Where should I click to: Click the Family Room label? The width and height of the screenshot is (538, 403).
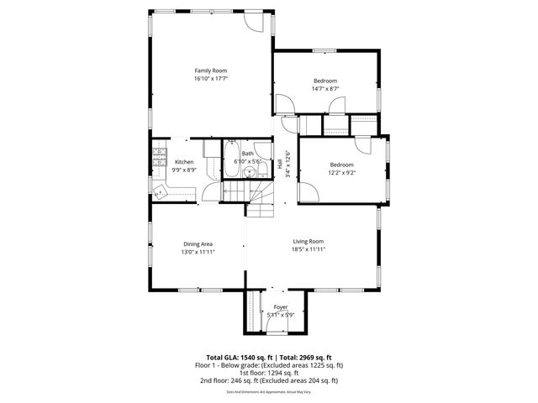point(211,71)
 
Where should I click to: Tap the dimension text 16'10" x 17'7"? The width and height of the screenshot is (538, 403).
point(211,79)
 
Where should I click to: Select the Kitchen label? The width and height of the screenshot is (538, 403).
point(184,162)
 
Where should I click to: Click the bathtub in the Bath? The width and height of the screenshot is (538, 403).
point(230,160)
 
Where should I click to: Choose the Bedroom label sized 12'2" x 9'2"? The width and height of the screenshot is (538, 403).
point(341,165)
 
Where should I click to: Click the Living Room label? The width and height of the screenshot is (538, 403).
point(309,242)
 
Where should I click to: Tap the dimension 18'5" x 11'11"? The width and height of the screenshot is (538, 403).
point(309,249)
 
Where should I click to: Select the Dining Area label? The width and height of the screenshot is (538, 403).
point(198,244)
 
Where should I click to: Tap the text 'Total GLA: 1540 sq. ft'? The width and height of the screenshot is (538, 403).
point(238,358)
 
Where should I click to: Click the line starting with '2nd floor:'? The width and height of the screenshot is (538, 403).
point(269,380)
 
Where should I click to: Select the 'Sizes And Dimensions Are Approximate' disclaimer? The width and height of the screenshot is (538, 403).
point(269,391)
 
